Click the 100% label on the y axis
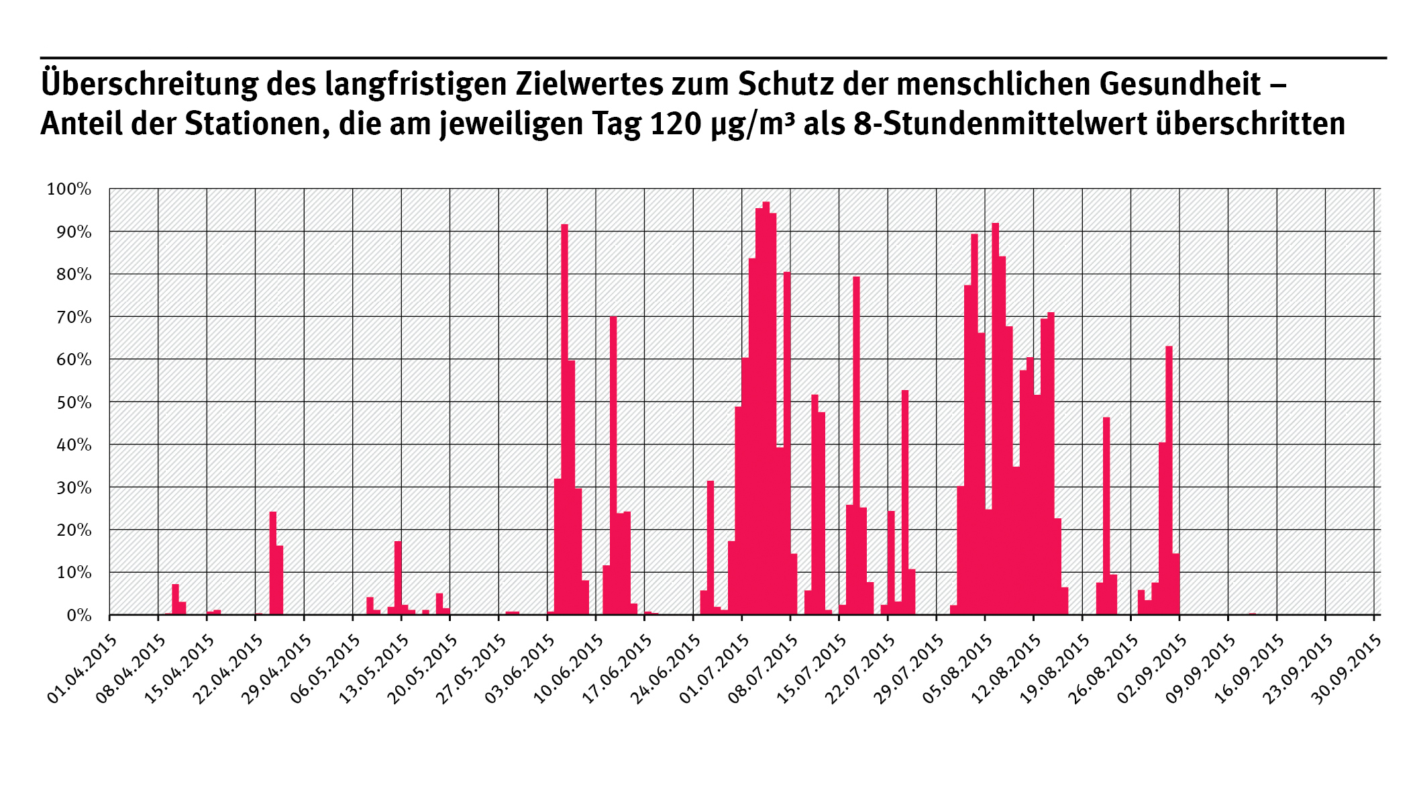[68, 189]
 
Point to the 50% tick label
[73, 402]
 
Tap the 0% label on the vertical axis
[78, 616]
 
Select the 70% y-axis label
[73, 317]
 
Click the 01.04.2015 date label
[82, 669]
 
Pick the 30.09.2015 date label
[1346, 669]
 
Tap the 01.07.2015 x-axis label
[714, 669]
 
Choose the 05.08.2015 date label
[957, 669]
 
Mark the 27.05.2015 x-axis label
[471, 669]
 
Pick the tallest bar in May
[398, 577]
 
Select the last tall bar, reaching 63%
[1169, 480]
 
